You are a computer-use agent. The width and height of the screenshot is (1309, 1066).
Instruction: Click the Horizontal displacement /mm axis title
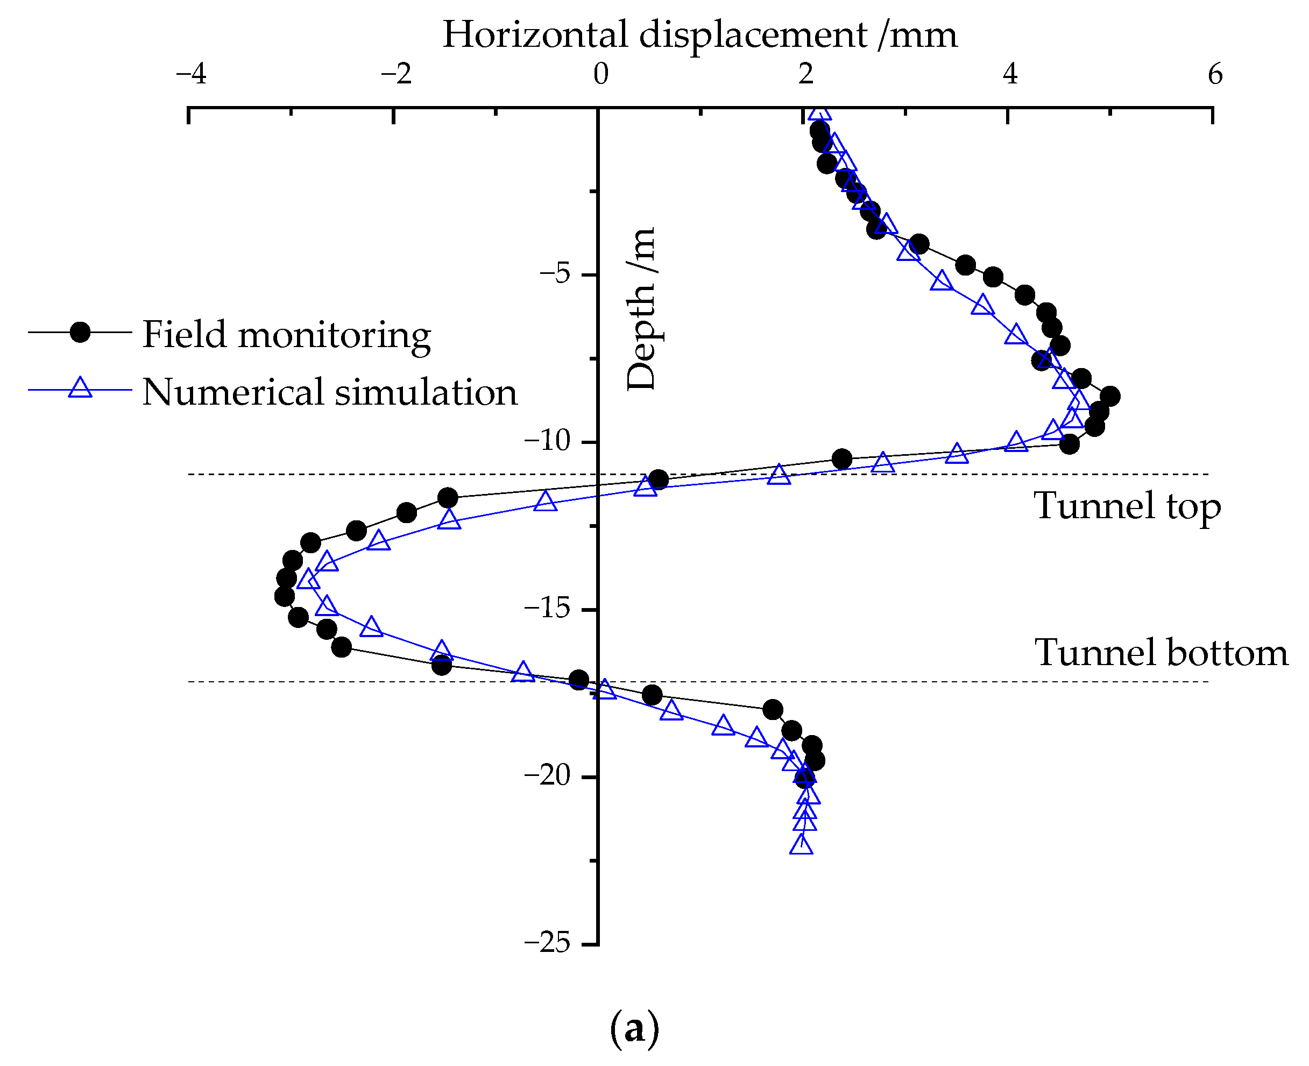coord(699,34)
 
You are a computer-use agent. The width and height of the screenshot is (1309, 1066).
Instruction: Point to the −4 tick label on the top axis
coord(191,74)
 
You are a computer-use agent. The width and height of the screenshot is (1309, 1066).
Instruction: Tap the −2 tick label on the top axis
coord(396,74)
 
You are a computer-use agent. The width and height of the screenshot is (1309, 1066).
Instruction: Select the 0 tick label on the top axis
coord(600,74)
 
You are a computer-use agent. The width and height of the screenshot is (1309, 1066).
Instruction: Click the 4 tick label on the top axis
coord(1010,74)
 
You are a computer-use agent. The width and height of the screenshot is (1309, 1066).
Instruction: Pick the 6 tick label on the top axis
coord(1215,74)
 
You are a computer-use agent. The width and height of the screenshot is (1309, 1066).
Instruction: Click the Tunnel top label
coord(1127,506)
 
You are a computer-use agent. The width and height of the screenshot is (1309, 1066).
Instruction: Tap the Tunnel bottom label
coord(1161,653)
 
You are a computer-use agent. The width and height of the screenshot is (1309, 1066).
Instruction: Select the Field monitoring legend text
coord(287,335)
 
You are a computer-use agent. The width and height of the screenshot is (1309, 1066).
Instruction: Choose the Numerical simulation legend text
coord(330,392)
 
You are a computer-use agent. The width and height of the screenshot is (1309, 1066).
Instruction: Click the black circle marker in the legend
coord(80,332)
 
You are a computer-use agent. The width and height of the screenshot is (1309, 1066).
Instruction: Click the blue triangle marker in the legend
coord(80,388)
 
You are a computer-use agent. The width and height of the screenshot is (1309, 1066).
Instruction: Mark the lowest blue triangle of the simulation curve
coord(801,845)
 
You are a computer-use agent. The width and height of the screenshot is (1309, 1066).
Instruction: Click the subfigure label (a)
coord(634,1028)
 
